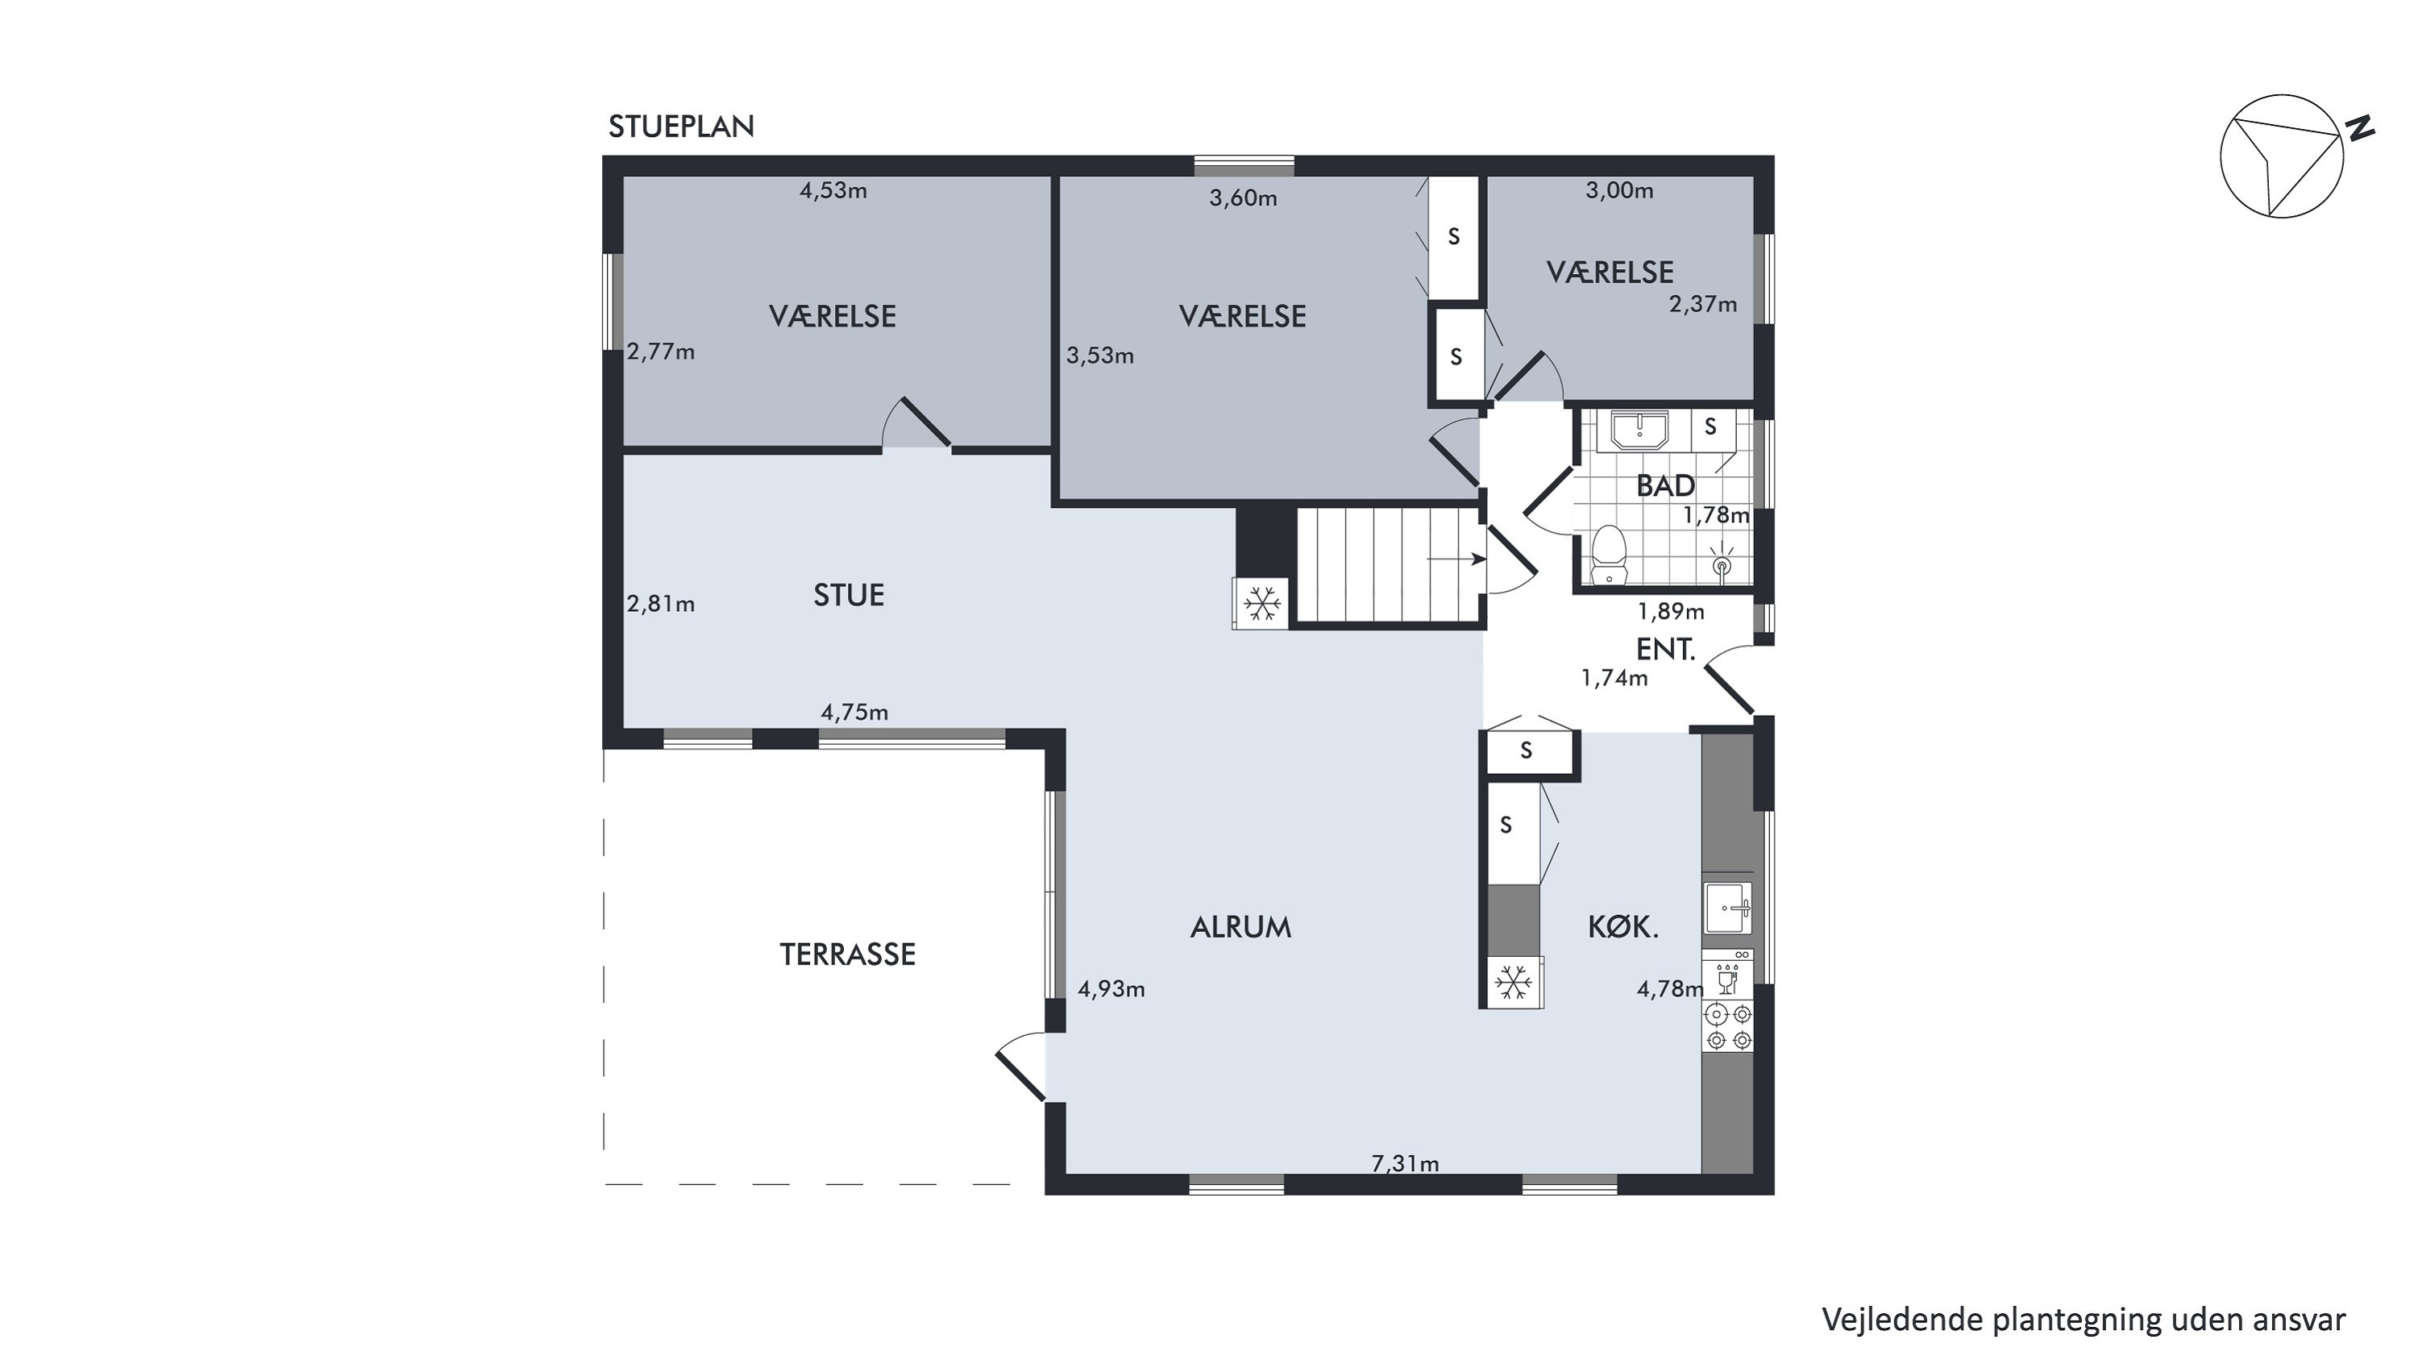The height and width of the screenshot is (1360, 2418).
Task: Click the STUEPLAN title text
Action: click(680, 127)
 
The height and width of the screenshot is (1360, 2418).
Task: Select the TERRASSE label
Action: click(848, 954)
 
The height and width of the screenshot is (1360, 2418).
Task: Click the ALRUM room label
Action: click(1241, 927)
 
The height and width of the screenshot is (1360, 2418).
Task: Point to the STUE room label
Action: click(849, 595)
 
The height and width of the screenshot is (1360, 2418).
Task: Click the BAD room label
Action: click(1665, 485)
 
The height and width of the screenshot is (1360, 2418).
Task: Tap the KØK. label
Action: click(1623, 927)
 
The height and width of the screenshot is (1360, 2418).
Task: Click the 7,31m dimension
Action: click(1405, 1164)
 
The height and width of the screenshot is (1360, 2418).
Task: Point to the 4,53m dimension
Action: click(833, 190)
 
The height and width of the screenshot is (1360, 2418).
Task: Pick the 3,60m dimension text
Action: click(1243, 198)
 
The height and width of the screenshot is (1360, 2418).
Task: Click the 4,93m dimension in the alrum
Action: click(1111, 988)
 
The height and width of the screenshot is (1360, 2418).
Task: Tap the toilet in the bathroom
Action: click(1609, 555)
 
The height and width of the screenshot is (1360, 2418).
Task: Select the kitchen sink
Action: click(1727, 909)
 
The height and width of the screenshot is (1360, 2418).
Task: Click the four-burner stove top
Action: click(1728, 1026)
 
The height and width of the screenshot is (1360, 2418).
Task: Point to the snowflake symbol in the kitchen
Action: click(1513, 983)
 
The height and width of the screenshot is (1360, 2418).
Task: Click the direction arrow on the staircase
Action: click(1456, 559)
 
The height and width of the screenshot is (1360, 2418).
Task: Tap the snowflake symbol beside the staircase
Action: click(1262, 604)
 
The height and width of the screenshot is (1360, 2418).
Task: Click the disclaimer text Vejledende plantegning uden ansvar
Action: click(2084, 1319)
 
